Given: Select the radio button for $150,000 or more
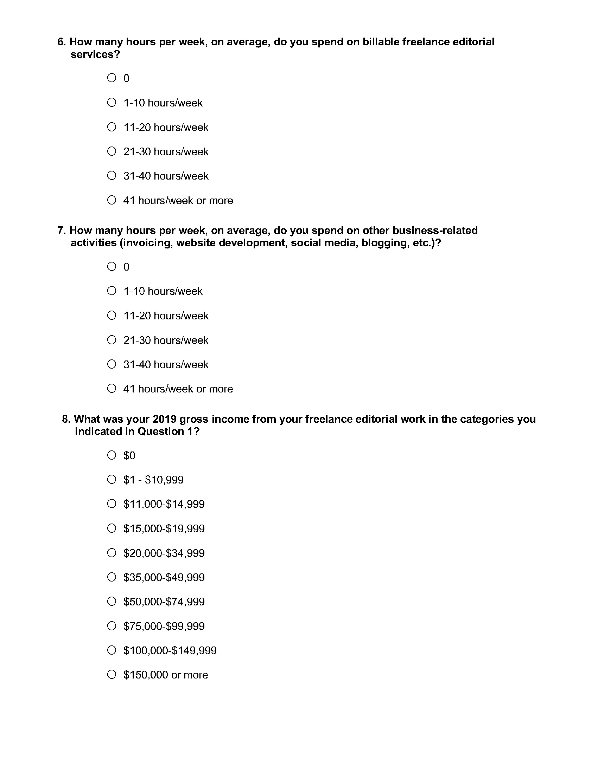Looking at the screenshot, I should click(112, 674).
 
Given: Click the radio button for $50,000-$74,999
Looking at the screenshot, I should click(112, 601).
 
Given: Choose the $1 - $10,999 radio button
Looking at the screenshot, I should click(112, 479).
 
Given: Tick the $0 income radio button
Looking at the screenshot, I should click(112, 455).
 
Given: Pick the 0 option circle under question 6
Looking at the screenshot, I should click(112, 78).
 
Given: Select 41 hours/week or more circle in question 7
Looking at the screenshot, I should click(112, 388).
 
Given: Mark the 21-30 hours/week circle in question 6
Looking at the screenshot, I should click(112, 151).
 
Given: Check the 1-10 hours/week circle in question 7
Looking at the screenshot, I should click(112, 291).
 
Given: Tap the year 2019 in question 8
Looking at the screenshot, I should click(164, 419).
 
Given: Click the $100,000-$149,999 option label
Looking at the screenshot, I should click(170, 650).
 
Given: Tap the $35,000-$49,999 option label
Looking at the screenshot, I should click(164, 577).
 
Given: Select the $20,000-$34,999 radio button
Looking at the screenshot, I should click(112, 552).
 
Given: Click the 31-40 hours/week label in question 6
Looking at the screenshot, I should click(166, 176).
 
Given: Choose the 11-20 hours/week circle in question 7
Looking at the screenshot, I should click(112, 315).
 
